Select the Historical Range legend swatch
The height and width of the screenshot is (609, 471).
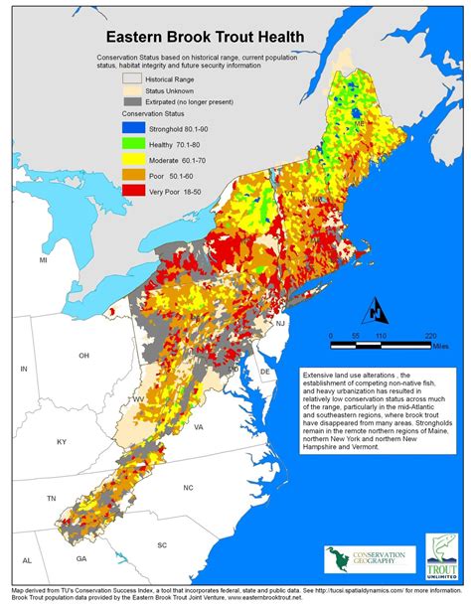tap(132, 76)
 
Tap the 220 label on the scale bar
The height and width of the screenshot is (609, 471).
tap(428, 336)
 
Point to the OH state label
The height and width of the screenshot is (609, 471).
tap(84, 355)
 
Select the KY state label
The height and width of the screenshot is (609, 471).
tap(61, 439)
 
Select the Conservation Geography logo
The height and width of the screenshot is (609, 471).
tap(362, 560)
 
